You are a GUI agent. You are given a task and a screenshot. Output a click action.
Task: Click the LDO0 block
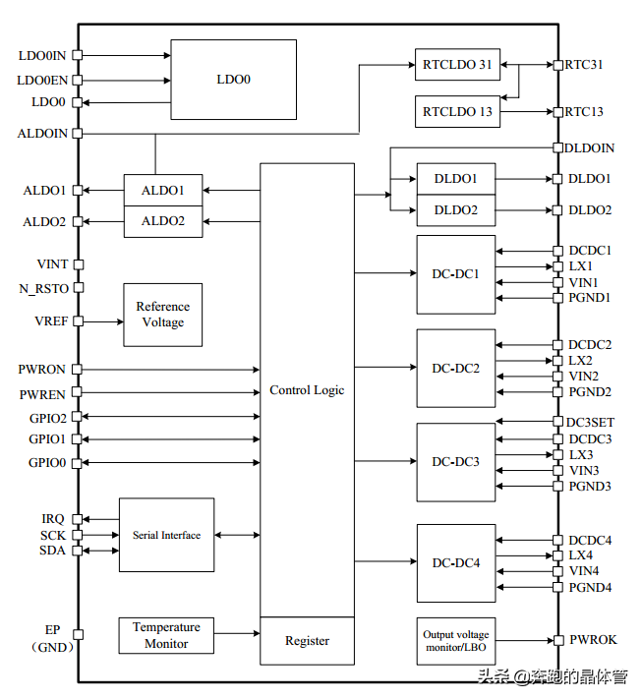[x=233, y=79]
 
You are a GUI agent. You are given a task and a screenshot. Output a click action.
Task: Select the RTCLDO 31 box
[x=457, y=65]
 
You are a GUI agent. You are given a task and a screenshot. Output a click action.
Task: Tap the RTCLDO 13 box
[x=457, y=111]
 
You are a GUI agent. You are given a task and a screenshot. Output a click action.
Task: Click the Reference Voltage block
[x=162, y=315]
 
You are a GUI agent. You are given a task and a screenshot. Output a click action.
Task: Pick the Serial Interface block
[x=166, y=535]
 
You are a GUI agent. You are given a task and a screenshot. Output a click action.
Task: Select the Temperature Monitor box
[x=166, y=635]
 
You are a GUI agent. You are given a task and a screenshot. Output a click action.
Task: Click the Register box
[x=307, y=641]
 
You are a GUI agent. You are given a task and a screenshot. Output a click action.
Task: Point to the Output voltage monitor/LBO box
[x=456, y=641]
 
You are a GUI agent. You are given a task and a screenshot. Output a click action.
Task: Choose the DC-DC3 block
[x=456, y=461]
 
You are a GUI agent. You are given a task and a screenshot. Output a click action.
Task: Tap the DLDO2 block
[x=456, y=210]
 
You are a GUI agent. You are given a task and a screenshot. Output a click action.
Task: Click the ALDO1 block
[x=163, y=190]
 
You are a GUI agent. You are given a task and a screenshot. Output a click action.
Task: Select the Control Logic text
[x=307, y=390]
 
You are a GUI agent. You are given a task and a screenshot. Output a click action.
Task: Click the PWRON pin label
[x=41, y=370]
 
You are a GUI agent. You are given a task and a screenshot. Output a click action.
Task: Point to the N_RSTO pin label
[x=44, y=288]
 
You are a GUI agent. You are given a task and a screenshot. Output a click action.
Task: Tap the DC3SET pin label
[x=590, y=423]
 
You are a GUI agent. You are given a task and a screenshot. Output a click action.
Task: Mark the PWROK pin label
[x=593, y=640]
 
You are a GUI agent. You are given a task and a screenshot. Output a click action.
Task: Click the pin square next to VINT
[x=78, y=264]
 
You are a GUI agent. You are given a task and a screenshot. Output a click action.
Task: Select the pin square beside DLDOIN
[x=557, y=148]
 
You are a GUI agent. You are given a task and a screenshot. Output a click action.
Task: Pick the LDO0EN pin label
[x=42, y=80]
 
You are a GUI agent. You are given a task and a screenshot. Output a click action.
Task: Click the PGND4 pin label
[x=590, y=588]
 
